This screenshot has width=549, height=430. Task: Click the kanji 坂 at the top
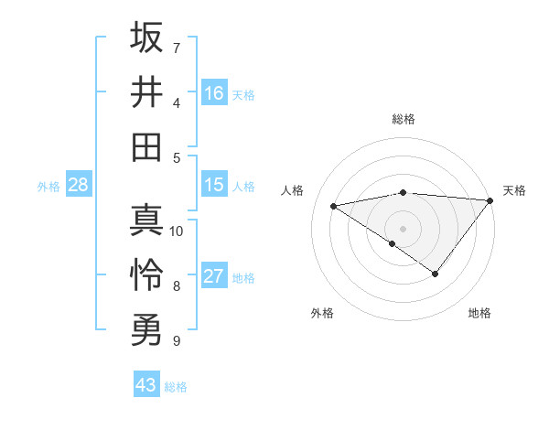click(x=146, y=38)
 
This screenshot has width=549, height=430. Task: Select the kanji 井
click(x=146, y=92)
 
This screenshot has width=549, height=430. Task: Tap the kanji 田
click(x=146, y=147)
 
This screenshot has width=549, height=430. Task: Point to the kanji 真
click(x=146, y=220)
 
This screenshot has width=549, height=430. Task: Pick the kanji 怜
click(x=146, y=275)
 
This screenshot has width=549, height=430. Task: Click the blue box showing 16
click(x=214, y=93)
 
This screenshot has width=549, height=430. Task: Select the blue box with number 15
click(x=214, y=185)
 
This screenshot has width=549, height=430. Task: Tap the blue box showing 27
click(x=214, y=276)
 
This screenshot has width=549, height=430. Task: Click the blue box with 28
click(x=79, y=185)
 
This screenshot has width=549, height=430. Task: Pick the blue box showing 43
click(x=146, y=385)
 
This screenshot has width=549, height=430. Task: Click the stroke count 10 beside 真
click(x=177, y=231)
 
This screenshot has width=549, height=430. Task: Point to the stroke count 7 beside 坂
click(x=177, y=48)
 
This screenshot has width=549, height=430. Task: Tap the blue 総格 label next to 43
click(x=176, y=387)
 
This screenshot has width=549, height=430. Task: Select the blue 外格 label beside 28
click(x=48, y=187)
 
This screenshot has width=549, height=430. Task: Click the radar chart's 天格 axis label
click(x=514, y=190)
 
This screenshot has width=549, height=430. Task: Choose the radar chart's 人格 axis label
click(x=292, y=190)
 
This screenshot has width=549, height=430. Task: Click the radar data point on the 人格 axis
click(x=334, y=205)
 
